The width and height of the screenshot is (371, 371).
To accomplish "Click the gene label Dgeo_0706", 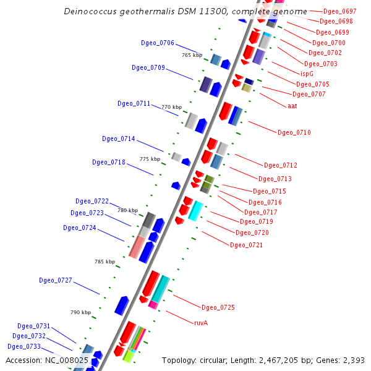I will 158,43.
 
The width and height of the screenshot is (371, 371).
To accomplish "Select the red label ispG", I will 307,74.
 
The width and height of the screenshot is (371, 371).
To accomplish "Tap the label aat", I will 292,106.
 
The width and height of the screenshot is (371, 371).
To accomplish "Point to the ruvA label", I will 201,323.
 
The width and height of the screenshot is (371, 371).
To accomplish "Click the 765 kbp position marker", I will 192,55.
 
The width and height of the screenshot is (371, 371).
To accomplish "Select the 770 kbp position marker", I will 171,107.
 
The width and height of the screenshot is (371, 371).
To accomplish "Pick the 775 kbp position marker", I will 150,159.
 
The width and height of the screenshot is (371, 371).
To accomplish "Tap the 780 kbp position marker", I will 127,210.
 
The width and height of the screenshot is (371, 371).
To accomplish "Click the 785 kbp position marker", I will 104,262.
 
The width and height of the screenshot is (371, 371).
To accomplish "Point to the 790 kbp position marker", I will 80,312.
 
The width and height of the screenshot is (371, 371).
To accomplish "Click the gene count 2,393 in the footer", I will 352,360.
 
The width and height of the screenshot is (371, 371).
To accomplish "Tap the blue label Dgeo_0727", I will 56,280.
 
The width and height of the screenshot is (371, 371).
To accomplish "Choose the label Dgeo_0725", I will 218,307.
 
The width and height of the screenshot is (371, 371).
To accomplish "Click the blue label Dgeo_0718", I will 109,162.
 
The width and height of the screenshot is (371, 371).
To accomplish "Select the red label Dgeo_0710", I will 294,132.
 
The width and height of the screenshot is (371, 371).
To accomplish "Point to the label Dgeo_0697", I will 340,12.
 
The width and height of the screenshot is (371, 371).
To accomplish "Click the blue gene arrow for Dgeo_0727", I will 122,305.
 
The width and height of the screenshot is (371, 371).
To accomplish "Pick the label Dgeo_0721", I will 247,245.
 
